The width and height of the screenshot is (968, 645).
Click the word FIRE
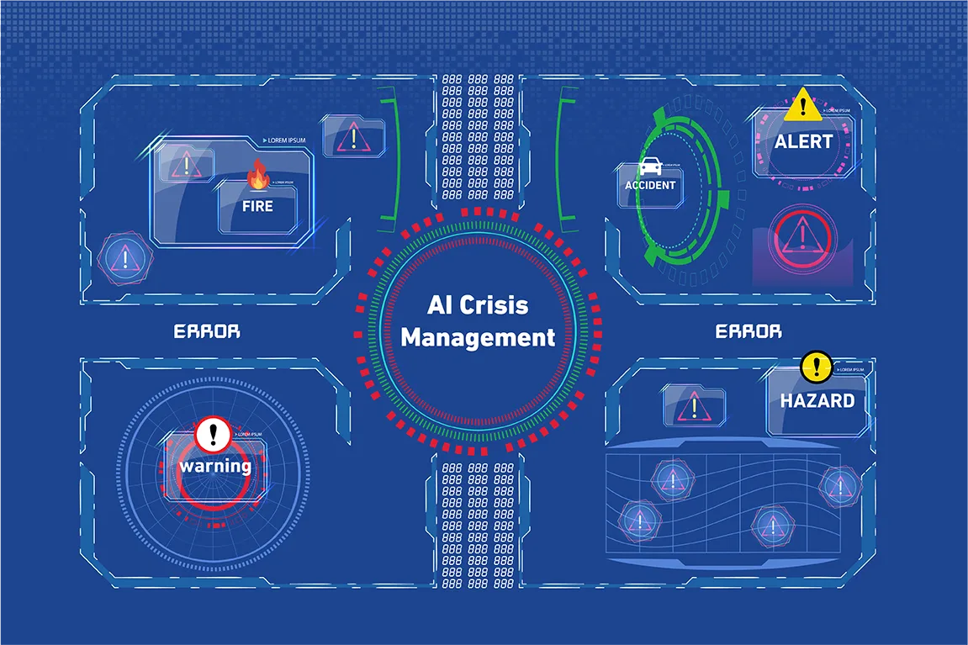[257, 205]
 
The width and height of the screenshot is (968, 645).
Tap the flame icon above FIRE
[258, 176]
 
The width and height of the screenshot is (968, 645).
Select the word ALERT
[803, 142]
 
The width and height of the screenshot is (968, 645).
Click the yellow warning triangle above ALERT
[803, 104]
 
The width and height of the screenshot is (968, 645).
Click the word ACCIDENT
[650, 185]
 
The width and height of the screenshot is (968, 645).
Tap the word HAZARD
[817, 400]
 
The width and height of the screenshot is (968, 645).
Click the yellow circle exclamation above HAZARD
[816, 366]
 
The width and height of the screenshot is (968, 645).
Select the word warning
[214, 465]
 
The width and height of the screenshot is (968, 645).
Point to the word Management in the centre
[478, 338]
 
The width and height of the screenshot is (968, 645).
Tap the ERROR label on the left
[207, 331]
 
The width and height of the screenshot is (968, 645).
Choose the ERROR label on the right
[748, 331]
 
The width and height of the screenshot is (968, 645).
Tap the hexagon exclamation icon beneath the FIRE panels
[126, 257]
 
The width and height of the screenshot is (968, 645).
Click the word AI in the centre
[440, 304]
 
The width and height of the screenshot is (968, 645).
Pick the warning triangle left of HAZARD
[695, 405]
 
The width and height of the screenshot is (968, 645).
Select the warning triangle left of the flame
[186, 163]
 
